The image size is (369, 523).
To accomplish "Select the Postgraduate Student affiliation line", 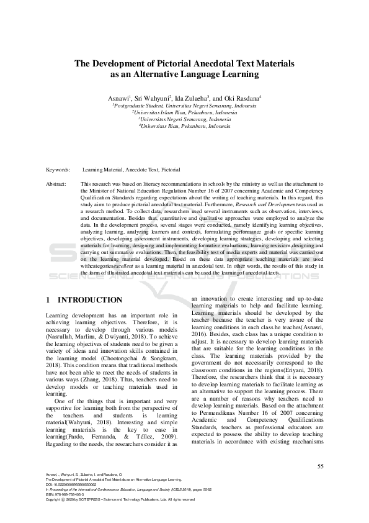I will tap(184, 106).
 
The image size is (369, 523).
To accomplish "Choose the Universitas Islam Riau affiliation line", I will tap(184, 113).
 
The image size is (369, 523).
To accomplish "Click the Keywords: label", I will tap(58, 170).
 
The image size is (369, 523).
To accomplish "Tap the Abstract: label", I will tap(57, 184).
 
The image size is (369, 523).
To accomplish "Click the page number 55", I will tap(320, 466).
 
